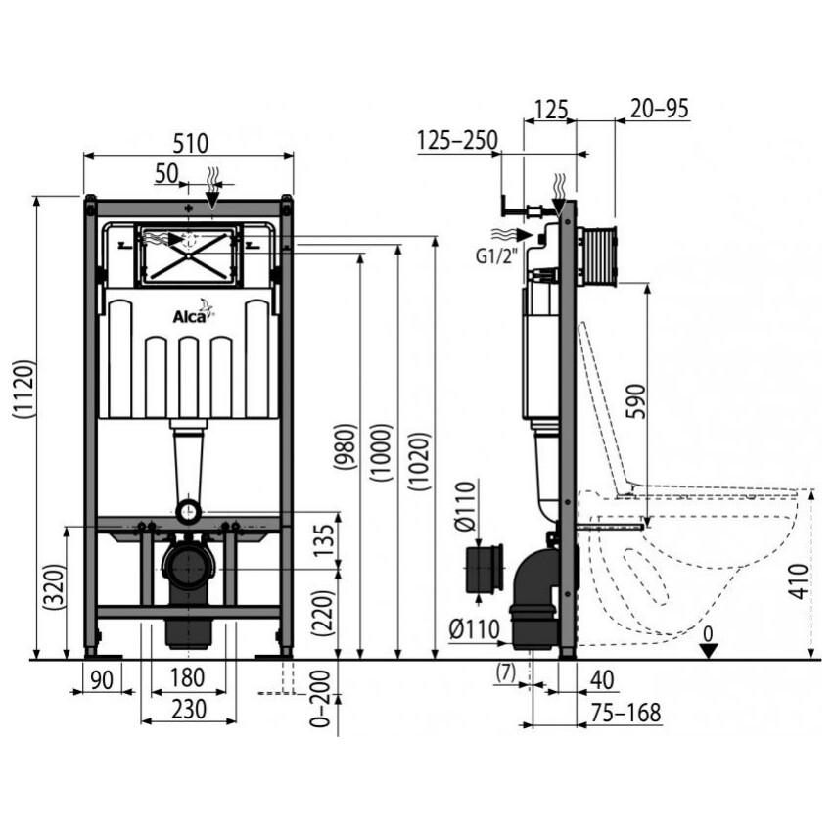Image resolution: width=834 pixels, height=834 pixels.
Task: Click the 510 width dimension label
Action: tap(191, 144)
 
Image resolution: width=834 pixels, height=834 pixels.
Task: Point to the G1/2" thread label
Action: tap(496, 256)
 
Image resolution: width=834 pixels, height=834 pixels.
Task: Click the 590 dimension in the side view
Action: tap(636, 401)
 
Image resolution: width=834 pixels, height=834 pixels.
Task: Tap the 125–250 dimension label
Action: tap(457, 140)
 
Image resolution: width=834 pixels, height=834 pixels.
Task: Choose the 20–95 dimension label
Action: tap(660, 109)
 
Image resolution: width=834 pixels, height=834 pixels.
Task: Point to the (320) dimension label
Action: tap(55, 587)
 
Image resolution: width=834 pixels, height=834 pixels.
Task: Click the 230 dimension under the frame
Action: tap(189, 709)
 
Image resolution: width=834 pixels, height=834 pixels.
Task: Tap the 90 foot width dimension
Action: tap(102, 681)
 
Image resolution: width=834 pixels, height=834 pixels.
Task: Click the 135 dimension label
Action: tap(323, 541)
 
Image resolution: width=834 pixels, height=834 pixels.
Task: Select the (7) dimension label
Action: tap(505, 672)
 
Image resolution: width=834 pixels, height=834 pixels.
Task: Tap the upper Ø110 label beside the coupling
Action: tap(466, 505)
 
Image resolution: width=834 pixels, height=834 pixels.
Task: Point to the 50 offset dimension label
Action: tap(167, 173)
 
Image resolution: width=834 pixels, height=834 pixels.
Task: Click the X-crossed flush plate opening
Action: tap(189, 255)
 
